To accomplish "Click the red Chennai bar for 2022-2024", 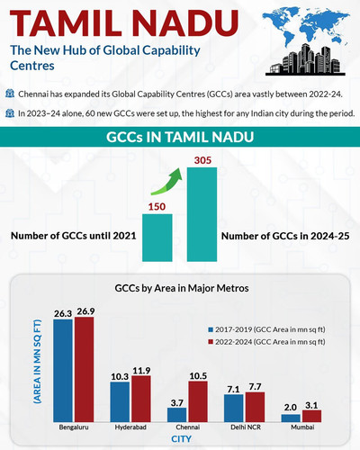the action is click(x=198, y=401).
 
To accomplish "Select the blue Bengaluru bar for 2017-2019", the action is click(x=63, y=371).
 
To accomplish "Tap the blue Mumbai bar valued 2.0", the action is click(x=291, y=418).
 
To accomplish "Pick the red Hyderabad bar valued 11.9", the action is click(x=141, y=399).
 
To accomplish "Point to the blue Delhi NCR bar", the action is click(x=234, y=408).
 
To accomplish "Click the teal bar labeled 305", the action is click(x=202, y=214).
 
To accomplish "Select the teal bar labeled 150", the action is click(x=157, y=238).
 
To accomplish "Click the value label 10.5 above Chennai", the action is click(x=198, y=376).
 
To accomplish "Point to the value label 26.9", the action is click(x=85, y=311).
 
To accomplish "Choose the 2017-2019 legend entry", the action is click(x=266, y=329).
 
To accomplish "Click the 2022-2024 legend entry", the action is click(x=266, y=342).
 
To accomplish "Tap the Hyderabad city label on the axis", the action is click(x=130, y=427).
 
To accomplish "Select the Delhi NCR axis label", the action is click(x=246, y=427).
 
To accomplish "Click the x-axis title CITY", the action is click(x=181, y=439).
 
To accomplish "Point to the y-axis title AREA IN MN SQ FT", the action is click(x=37, y=362).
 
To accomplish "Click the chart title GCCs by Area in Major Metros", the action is click(x=182, y=288).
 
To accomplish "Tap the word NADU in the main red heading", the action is click(x=185, y=23).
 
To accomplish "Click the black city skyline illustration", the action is click(x=305, y=60).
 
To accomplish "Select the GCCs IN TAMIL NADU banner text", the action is click(x=180, y=137).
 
